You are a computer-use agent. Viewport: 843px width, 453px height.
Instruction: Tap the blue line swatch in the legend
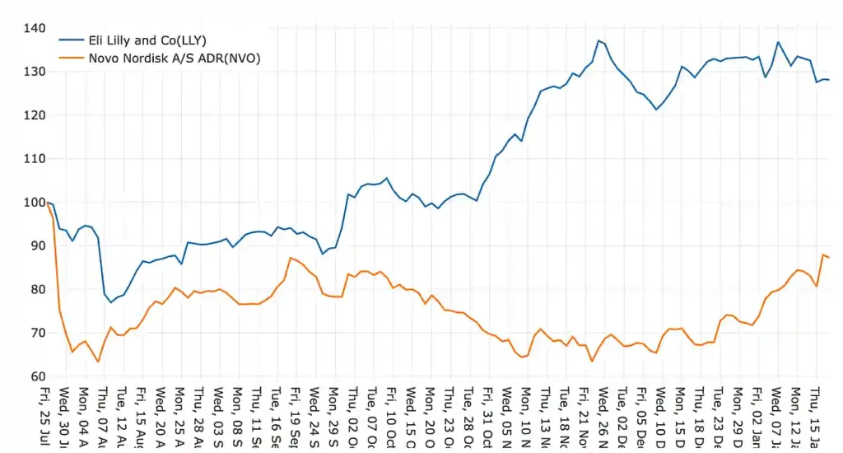coord(69,40)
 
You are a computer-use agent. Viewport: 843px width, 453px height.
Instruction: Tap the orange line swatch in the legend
coord(69,57)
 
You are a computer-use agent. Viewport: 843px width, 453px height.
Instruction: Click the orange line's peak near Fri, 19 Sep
coord(290,258)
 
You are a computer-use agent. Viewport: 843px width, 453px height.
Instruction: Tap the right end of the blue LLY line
coord(829,80)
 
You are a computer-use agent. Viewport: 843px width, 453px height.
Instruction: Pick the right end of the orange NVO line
coord(829,258)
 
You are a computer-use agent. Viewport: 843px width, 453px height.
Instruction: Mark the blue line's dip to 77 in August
coord(111,302)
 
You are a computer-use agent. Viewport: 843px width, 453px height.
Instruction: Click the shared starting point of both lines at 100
coord(47,203)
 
